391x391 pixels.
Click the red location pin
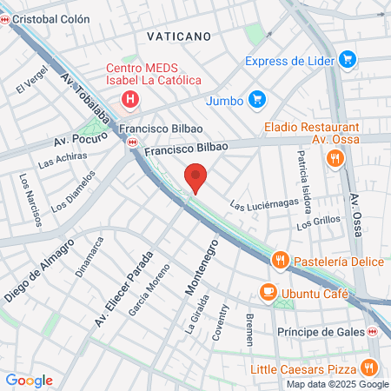[x=196, y=180]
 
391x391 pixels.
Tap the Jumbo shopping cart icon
[x=256, y=100]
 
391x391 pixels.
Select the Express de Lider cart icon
[x=348, y=60]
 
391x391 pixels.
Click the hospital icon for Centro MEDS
[x=129, y=99]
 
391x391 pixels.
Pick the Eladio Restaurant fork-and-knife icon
[x=334, y=158]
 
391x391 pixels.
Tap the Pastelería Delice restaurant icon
[x=280, y=259]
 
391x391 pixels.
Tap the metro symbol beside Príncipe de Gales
[x=373, y=331]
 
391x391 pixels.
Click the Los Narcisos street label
[x=30, y=199]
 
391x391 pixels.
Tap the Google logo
[x=29, y=380]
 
